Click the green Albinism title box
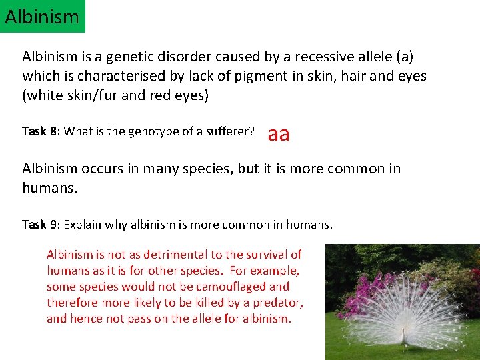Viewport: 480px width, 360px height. pos(42,16)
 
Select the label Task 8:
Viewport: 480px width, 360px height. pos(41,131)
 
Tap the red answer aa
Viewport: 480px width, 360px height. pos(278,134)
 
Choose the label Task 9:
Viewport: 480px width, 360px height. pos(41,225)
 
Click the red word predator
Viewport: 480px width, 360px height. pos(279,303)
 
